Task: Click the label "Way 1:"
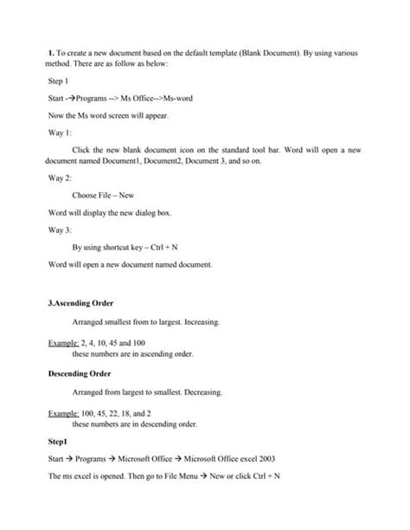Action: (x=61, y=134)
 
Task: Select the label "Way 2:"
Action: (x=61, y=176)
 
